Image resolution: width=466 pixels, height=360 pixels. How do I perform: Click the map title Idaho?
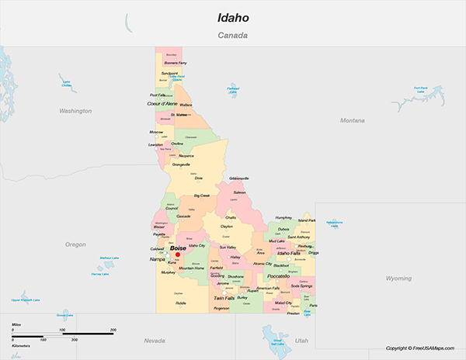232,17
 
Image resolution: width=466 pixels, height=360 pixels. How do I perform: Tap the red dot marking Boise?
178,254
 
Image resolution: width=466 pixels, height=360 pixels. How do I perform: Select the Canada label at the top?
232,36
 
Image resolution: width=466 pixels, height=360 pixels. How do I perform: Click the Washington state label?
75,111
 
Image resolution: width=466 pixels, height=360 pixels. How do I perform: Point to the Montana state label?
352,120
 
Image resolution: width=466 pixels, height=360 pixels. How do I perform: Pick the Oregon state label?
75,244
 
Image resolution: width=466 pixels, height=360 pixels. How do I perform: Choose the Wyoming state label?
398,278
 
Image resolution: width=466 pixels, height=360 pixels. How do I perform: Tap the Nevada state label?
155,341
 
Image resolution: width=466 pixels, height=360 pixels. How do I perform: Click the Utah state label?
301,341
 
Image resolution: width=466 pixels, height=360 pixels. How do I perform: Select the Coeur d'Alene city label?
162,103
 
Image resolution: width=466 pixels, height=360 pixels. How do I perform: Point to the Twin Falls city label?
224,298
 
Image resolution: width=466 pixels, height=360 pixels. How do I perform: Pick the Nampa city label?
157,260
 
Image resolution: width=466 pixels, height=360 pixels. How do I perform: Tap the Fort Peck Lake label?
421,89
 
